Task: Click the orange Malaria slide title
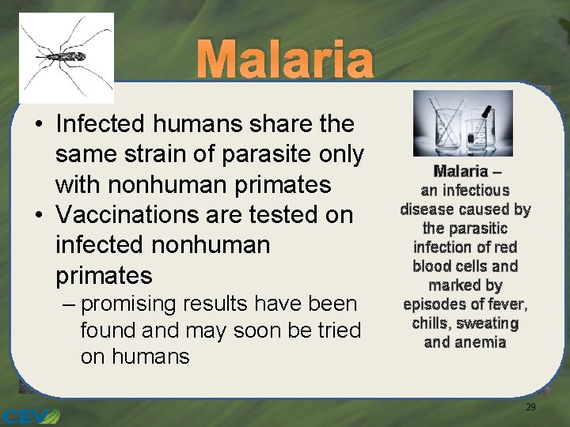pyautogui.click(x=284, y=61)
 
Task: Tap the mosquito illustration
pyautogui.click(x=66, y=57)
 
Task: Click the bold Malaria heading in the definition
pyautogui.click(x=462, y=172)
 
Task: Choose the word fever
pyautogui.click(x=510, y=304)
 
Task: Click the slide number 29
pyautogui.click(x=530, y=406)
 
